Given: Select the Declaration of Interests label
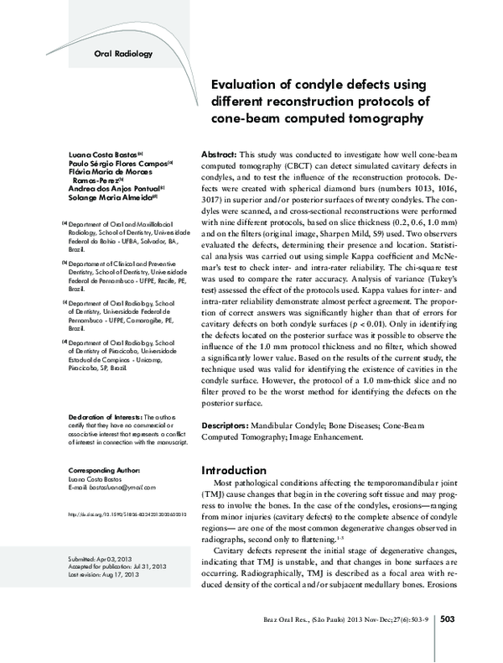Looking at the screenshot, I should (x=104, y=416).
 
